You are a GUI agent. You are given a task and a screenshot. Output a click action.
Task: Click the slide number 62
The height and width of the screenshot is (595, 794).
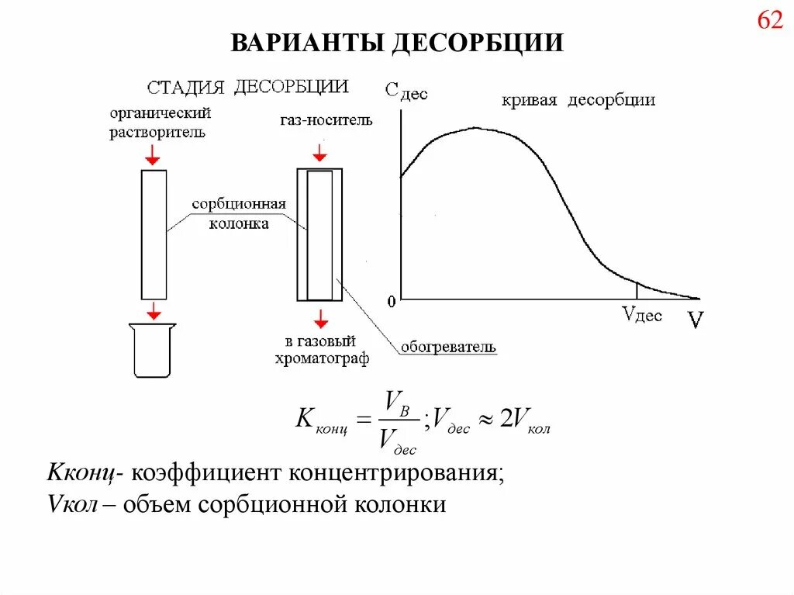pyautogui.click(x=770, y=21)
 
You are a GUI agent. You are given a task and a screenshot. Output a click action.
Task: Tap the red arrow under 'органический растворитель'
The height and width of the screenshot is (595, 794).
pyautogui.click(x=153, y=155)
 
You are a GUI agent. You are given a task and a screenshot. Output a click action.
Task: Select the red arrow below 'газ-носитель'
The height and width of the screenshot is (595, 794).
pyautogui.click(x=319, y=151)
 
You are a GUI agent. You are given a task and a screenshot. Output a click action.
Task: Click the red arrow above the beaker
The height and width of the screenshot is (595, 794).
pyautogui.click(x=154, y=310)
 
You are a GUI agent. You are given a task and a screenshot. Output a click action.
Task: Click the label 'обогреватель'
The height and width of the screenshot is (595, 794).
pyautogui.click(x=448, y=347)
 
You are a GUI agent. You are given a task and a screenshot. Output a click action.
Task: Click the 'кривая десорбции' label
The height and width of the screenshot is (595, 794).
pyautogui.click(x=578, y=100)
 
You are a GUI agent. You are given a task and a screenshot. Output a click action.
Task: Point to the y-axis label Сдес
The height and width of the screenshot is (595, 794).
pyautogui.click(x=406, y=92)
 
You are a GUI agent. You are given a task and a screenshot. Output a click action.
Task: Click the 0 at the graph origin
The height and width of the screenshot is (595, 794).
pyautogui.click(x=392, y=299)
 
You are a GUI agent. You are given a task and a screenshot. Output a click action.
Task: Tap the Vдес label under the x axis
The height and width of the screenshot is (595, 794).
pyautogui.click(x=642, y=315)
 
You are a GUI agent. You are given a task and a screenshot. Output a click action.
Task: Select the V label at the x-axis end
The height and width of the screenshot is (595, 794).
pyautogui.click(x=695, y=320)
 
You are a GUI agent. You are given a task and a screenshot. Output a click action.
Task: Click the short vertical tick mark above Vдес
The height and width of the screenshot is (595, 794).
pyautogui.click(x=637, y=290)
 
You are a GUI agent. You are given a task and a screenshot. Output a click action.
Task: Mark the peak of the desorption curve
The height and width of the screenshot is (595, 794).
pyautogui.click(x=477, y=128)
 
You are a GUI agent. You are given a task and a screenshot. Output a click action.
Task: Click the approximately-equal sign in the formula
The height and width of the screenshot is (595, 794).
pyautogui.click(x=485, y=420)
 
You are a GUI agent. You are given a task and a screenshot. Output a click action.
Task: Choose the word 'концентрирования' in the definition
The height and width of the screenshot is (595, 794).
pyautogui.click(x=395, y=472)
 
